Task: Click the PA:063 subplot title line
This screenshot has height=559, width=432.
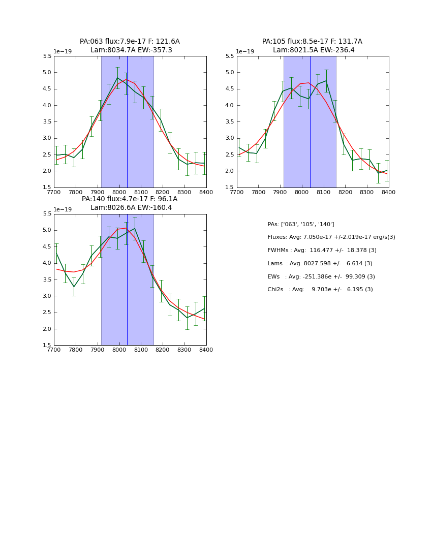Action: click(130, 42)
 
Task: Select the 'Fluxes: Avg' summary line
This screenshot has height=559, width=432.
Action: click(331, 237)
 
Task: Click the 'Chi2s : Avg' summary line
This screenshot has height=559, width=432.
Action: click(320, 290)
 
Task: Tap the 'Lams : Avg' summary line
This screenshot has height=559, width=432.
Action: click(320, 264)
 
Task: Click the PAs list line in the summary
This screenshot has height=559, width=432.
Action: click(300, 225)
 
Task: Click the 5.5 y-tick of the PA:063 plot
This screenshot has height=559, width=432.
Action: click(47, 56)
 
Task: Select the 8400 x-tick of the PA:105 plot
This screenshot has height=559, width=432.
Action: click(389, 193)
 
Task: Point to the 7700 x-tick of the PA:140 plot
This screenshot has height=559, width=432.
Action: click(54, 350)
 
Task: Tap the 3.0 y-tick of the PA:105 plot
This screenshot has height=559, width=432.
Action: click(230, 138)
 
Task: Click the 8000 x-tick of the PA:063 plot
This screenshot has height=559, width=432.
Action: click(119, 193)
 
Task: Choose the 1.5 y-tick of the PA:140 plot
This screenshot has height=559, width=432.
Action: click(47, 346)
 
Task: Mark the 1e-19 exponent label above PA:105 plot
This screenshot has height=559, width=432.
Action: click(245, 52)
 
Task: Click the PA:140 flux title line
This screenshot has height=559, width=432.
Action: click(130, 199)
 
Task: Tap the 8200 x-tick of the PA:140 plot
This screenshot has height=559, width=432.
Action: click(163, 350)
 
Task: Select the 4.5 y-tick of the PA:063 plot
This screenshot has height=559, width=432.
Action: click(47, 89)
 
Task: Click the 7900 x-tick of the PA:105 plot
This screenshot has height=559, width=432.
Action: click(280, 193)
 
